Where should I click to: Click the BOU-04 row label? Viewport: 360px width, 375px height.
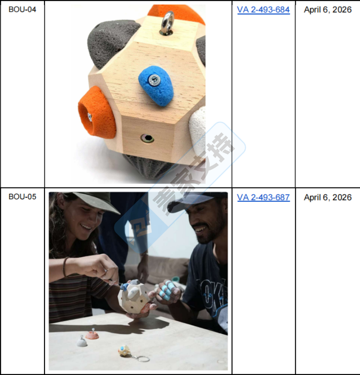click(22, 9)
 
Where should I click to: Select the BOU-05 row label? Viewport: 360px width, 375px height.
click(22, 196)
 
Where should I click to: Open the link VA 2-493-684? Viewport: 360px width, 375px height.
click(263, 10)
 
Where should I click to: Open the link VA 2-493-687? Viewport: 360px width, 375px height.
click(263, 197)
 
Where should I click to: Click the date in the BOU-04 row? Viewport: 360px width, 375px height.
click(328, 10)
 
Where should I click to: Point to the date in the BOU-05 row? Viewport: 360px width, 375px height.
click(328, 197)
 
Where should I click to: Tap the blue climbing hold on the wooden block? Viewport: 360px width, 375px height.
click(156, 85)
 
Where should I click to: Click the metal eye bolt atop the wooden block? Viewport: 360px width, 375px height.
click(167, 23)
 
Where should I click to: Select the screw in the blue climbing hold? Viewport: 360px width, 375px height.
click(154, 80)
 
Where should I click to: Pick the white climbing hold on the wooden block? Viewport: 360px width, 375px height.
click(197, 130)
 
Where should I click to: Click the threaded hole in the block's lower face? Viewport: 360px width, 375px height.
click(147, 138)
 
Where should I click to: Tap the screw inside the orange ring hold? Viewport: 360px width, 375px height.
click(90, 117)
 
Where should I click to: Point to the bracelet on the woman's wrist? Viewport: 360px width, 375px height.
click(65, 266)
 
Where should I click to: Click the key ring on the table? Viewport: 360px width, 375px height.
click(142, 358)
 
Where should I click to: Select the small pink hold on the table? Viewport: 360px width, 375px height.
click(92, 335)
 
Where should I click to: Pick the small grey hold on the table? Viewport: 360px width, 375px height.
click(82, 342)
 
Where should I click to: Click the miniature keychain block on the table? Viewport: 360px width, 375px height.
click(124, 351)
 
